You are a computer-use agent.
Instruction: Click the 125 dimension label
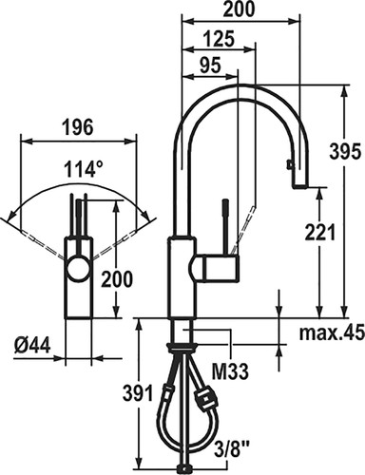pyautogui.click(x=219, y=40)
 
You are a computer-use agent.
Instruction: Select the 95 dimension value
pyautogui.click(x=210, y=66)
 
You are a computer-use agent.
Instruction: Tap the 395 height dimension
pyautogui.click(x=345, y=151)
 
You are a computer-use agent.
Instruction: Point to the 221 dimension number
pyautogui.click(x=319, y=233)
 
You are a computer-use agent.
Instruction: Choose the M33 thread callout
pyautogui.click(x=230, y=371)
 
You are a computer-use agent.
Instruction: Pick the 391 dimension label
pyautogui.click(x=138, y=393)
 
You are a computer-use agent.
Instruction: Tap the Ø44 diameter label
pyautogui.click(x=32, y=345)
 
